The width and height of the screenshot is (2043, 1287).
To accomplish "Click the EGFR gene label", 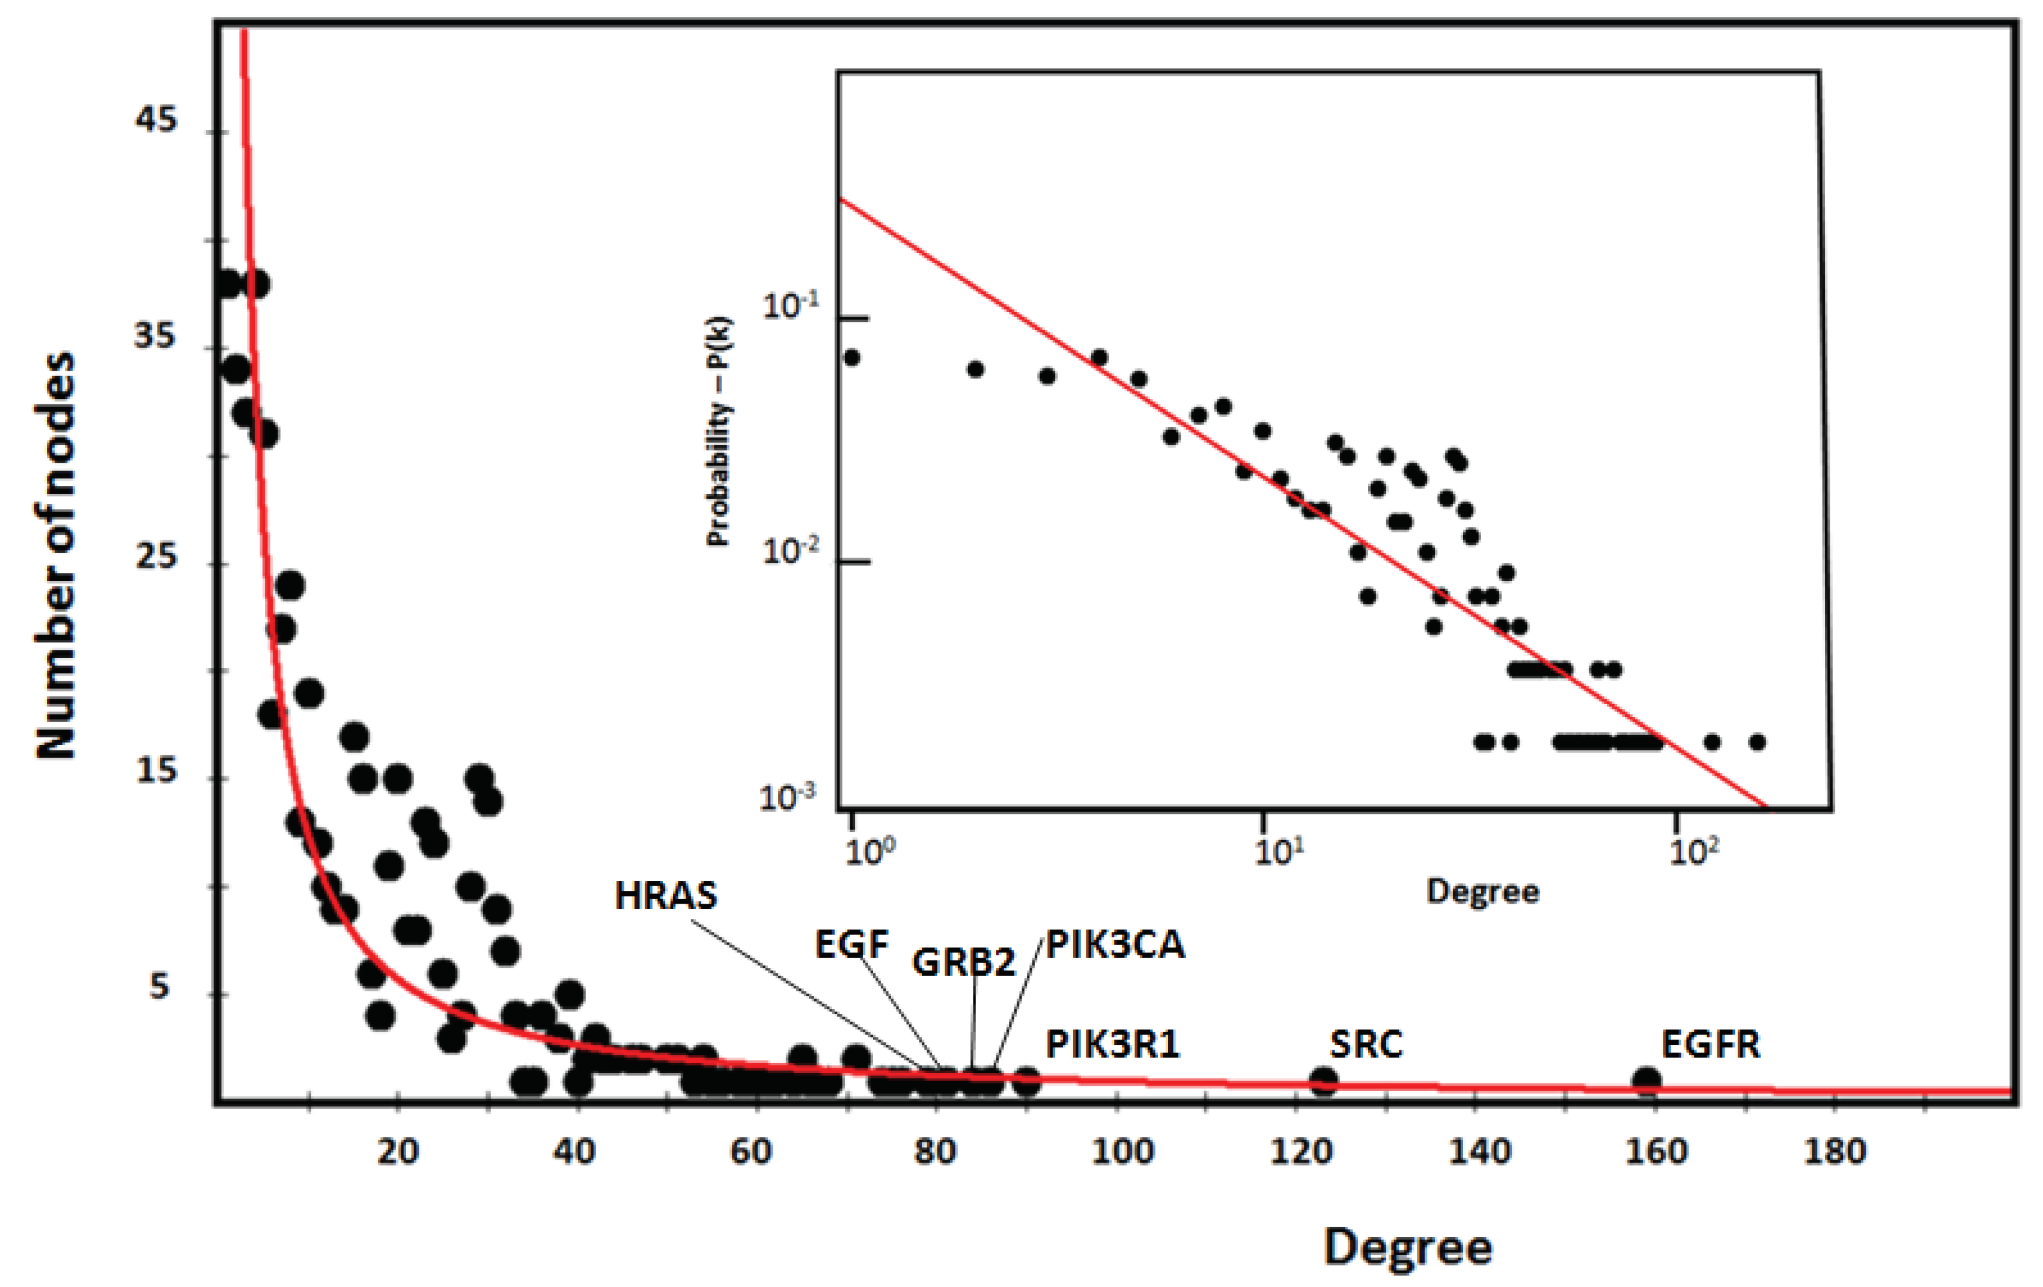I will coord(1711,1044).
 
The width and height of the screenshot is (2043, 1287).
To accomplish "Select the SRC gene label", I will coord(1366,1044).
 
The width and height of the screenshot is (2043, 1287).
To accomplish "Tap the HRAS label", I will coord(666,896).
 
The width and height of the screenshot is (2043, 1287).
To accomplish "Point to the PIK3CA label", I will coord(1114,945).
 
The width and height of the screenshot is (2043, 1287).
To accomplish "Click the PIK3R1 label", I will coord(1112,1044).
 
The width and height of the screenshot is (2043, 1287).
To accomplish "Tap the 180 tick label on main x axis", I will coord(1835,1151).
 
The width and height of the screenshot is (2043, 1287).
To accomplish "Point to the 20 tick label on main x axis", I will coord(398,1151).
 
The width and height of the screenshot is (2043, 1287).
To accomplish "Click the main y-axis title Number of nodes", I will coord(58,556).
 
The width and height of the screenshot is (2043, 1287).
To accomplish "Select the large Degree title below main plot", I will coord(1407,1248).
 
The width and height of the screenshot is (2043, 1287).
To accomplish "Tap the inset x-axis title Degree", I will coord(1482,892).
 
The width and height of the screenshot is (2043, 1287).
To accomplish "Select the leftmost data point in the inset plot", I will coord(852,357).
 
